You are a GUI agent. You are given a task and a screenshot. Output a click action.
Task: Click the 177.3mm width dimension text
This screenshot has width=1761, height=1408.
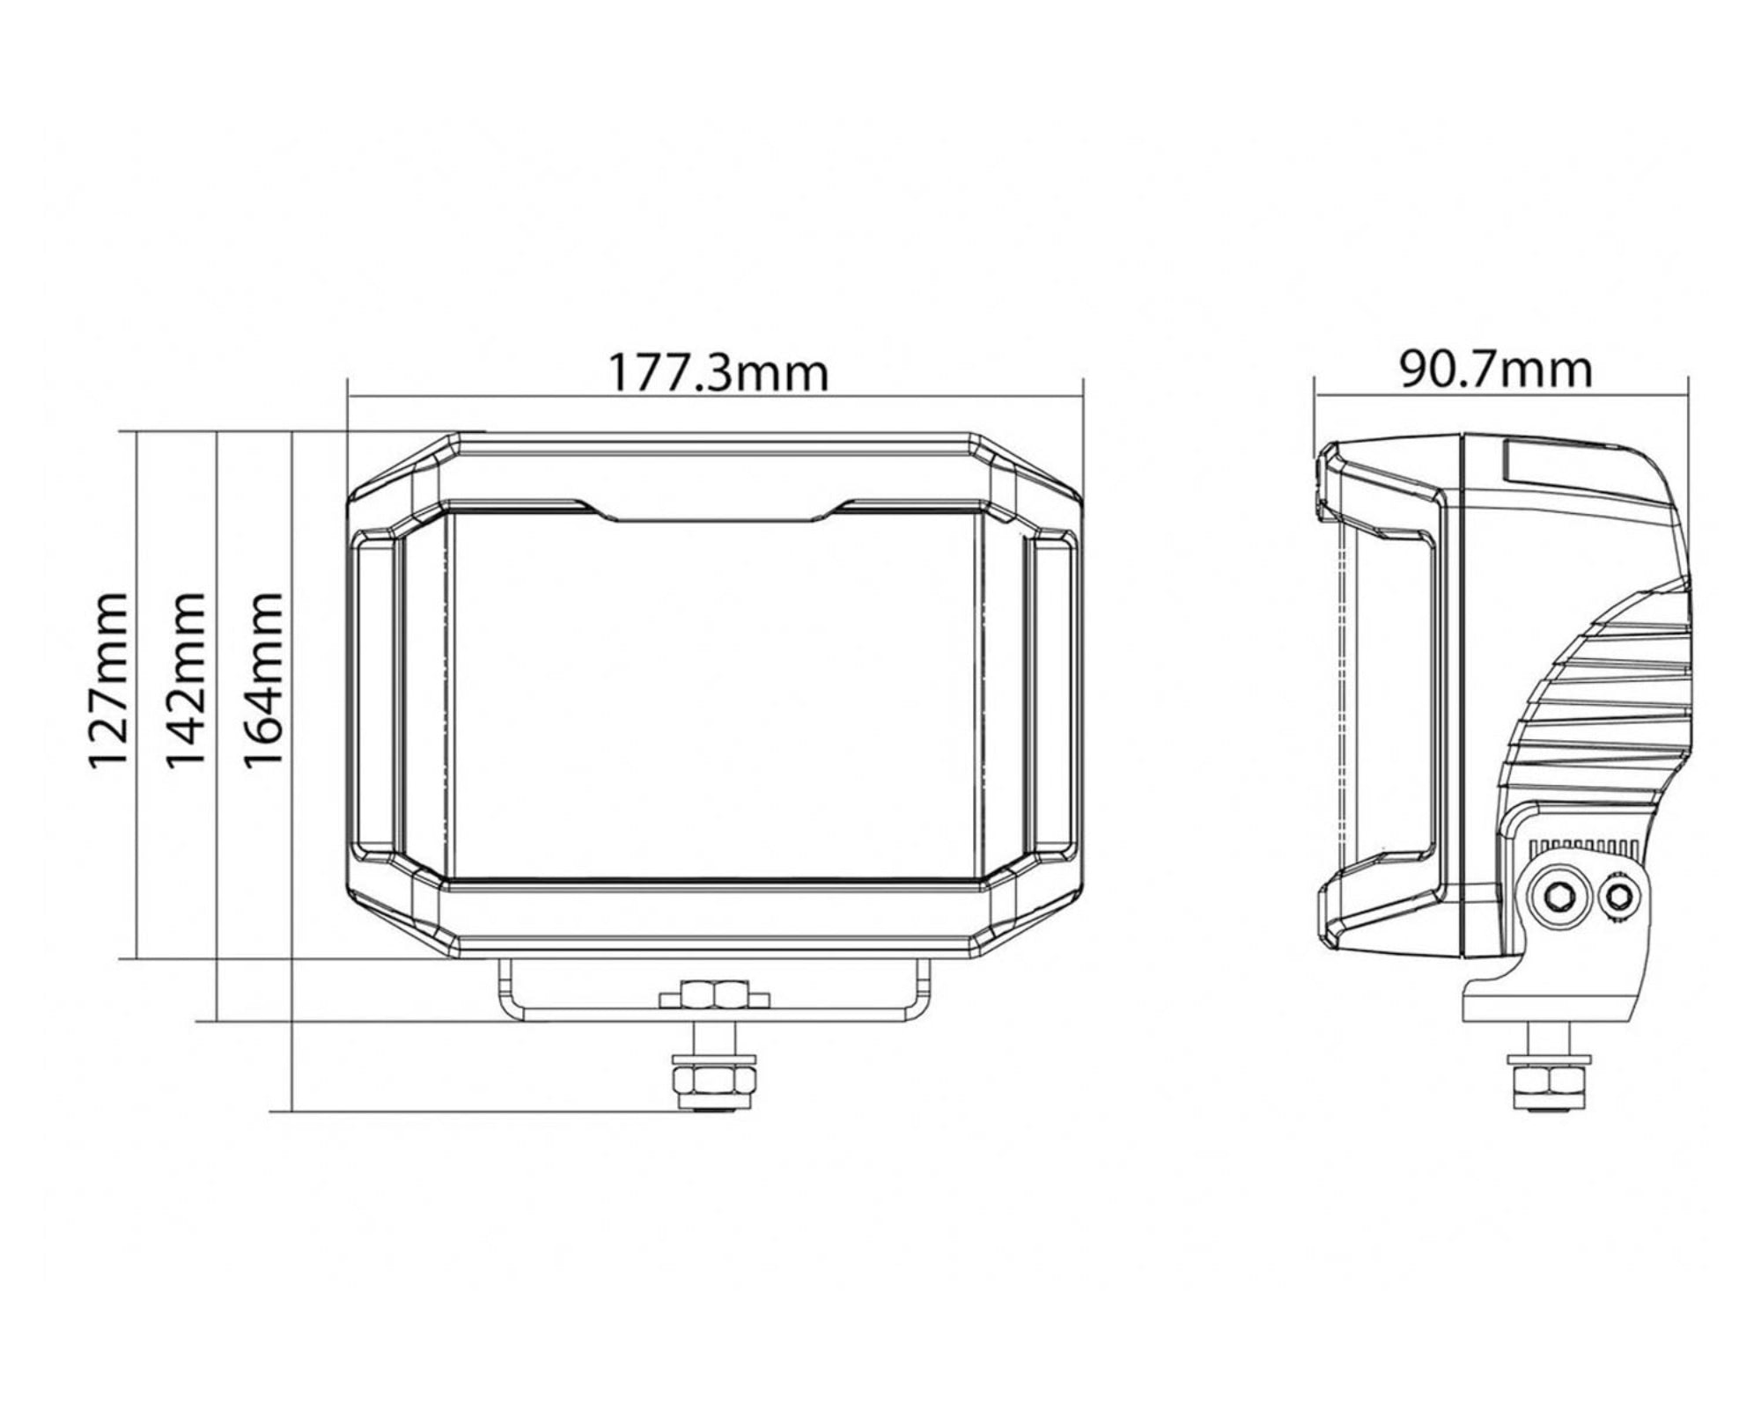(718, 373)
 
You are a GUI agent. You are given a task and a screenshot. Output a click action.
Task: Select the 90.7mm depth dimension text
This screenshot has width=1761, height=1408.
(1497, 370)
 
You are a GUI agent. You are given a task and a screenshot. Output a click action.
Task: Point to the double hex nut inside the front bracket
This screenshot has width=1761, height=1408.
(715, 995)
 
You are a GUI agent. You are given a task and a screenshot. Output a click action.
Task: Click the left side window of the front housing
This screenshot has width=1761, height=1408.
(374, 695)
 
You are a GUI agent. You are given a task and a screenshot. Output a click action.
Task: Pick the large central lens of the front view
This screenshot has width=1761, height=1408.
(714, 695)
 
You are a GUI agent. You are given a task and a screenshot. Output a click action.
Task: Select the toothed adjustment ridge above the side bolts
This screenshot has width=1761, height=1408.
(1585, 846)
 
